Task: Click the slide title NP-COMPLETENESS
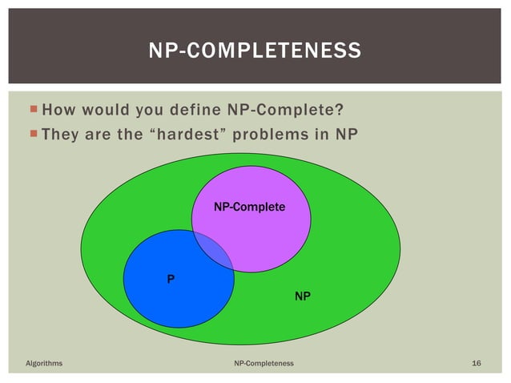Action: (255, 52)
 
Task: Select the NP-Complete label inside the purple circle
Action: (249, 208)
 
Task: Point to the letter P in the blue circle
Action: (170, 280)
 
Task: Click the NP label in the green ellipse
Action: (303, 296)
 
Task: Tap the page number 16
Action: (477, 364)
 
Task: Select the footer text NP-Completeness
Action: (264, 364)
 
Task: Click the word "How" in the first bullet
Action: (58, 109)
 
